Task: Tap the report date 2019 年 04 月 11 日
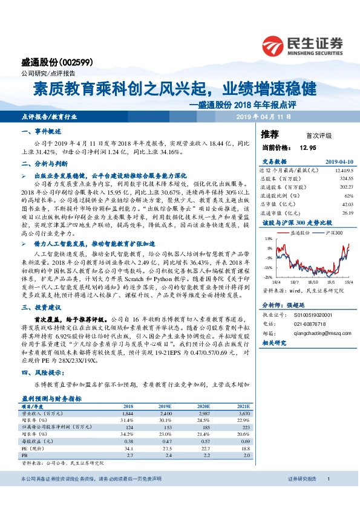click(x=263, y=115)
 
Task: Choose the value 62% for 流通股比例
click(x=348, y=196)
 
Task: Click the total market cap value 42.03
click(x=345, y=204)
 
